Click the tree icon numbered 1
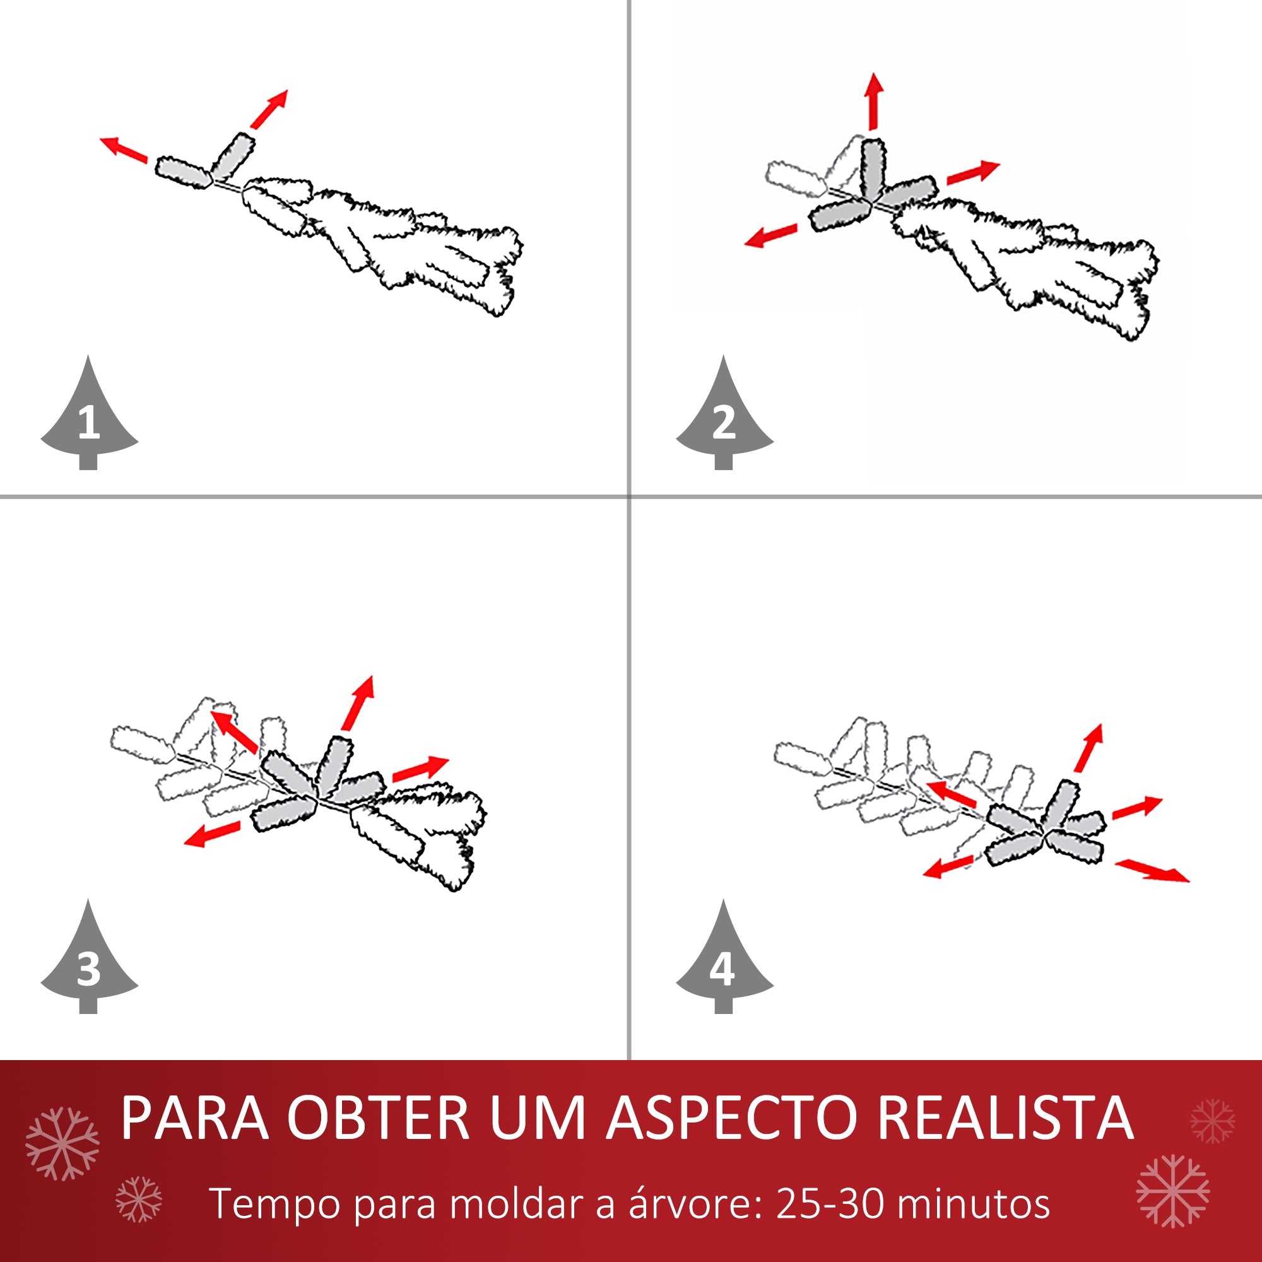tap(89, 418)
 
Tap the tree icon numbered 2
tap(724, 418)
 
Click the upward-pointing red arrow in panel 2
tap(874, 101)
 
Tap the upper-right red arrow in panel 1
tap(269, 109)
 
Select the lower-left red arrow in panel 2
tap(771, 236)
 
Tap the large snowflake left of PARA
tap(62, 1144)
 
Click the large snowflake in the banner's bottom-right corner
tap(1172, 1191)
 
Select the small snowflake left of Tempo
tap(138, 1200)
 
